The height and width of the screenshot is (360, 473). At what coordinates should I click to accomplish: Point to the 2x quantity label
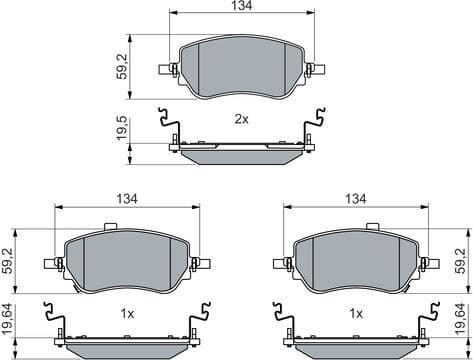241,119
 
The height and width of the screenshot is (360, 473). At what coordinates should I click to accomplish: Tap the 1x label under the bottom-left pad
127,313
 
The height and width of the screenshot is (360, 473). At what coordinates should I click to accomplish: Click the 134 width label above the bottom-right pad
356,200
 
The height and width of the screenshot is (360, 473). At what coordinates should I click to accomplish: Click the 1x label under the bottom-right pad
356,313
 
